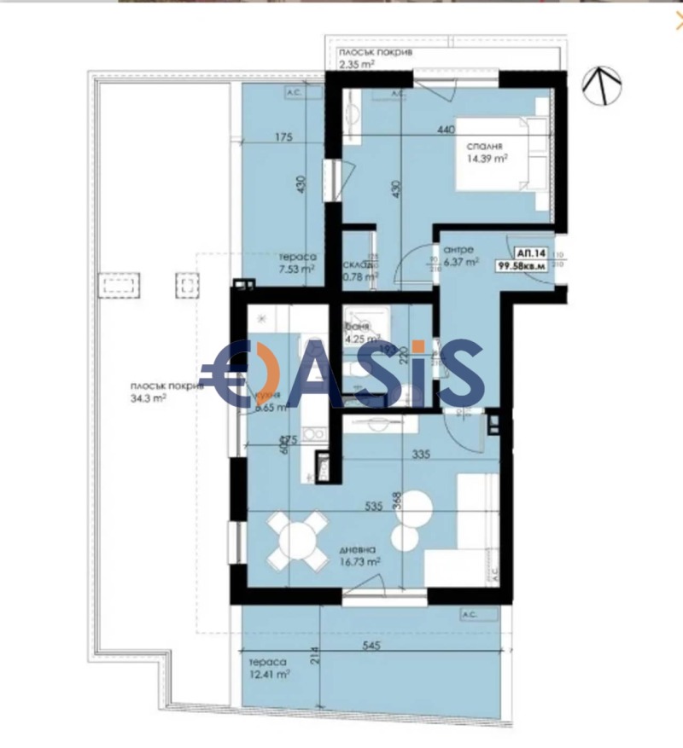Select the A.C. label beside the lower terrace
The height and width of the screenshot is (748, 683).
(469, 614)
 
